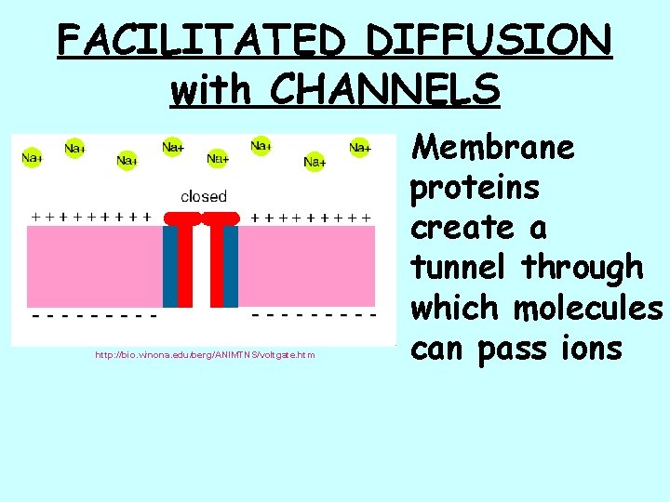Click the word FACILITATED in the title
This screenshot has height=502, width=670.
tap(205, 40)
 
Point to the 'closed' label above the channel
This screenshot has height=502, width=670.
tap(203, 196)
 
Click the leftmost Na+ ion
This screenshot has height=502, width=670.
tap(32, 158)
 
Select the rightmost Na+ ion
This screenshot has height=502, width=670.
tap(359, 147)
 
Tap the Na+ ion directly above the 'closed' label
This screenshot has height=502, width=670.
tap(217, 158)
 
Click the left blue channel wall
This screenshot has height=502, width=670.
tap(170, 265)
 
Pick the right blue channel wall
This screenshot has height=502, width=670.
tap(231, 265)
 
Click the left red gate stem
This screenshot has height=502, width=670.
tap(185, 265)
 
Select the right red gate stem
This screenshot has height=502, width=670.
tap(217, 265)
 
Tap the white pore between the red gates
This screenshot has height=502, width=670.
tap(201, 270)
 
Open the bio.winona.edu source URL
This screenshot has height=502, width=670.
tap(204, 354)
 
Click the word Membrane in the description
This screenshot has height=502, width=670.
tap(493, 147)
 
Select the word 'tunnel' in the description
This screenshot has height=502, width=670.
tap(462, 268)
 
